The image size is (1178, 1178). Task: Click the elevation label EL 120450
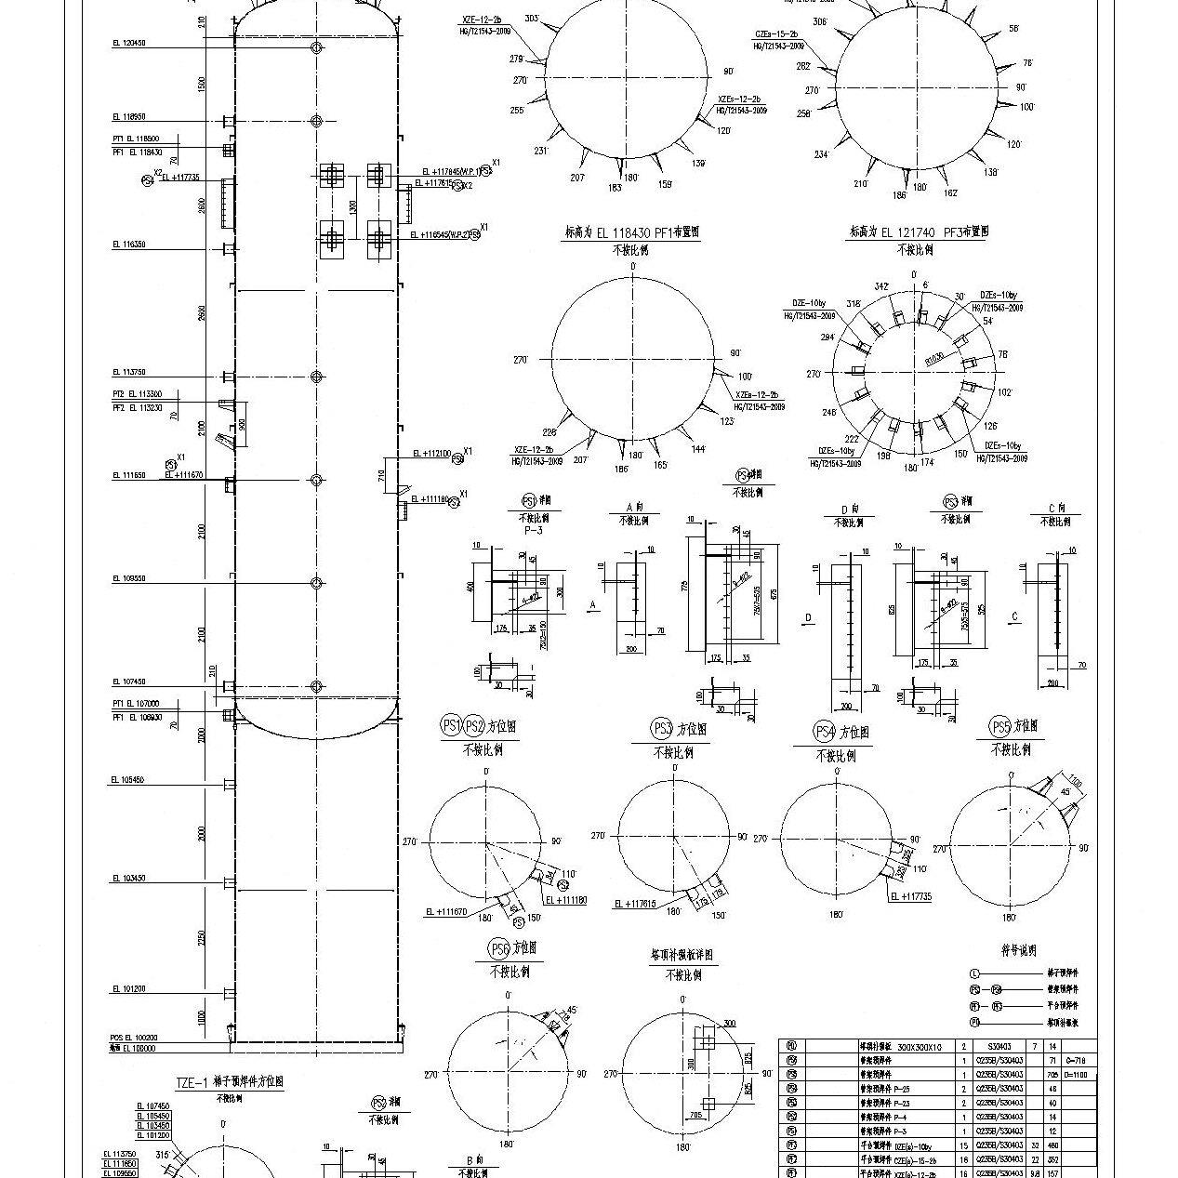128,43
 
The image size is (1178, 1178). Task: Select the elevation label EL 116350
128,245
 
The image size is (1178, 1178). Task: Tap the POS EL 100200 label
134,1038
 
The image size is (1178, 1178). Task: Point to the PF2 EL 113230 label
137,407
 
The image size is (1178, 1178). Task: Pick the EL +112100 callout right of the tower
431,454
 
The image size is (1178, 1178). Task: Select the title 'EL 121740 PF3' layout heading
918,232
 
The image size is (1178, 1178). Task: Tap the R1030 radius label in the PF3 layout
934,357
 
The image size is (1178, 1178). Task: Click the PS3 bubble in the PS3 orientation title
662,728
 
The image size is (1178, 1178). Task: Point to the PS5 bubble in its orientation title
999,727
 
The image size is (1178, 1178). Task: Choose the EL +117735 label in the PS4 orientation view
910,896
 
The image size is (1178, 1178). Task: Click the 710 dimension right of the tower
381,476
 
